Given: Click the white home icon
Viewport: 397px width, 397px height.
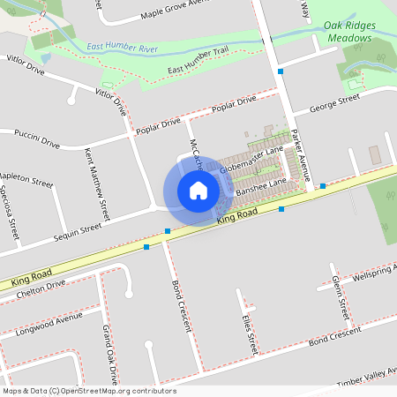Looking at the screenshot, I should [198, 190].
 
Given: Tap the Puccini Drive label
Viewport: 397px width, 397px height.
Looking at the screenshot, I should [36, 138].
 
